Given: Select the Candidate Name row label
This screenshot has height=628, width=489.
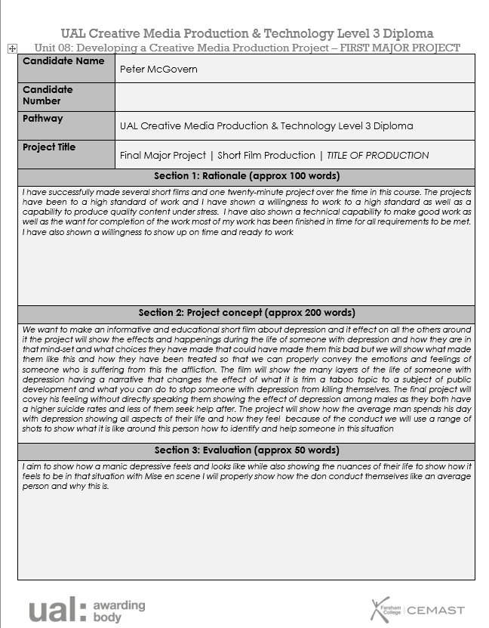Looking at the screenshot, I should [63, 61].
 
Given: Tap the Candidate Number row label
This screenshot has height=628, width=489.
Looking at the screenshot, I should [48, 95].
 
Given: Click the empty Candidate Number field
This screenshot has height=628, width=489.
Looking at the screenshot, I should [294, 97].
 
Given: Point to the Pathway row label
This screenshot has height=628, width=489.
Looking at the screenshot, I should [43, 119].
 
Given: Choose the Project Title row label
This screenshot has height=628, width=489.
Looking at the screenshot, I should [49, 147].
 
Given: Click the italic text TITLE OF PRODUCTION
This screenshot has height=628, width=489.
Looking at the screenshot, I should [377, 156].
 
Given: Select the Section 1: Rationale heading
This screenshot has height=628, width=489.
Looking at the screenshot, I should [246, 176].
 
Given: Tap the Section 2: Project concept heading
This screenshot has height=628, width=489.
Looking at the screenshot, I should [246, 313].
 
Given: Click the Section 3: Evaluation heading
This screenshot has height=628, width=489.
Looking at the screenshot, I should [246, 450].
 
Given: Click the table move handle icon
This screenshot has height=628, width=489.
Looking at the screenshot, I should [11, 48].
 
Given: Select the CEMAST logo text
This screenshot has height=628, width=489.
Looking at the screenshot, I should [436, 610].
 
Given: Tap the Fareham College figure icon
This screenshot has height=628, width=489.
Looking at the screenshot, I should [380, 609].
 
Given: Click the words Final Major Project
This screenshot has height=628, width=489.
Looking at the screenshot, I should [163, 156].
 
